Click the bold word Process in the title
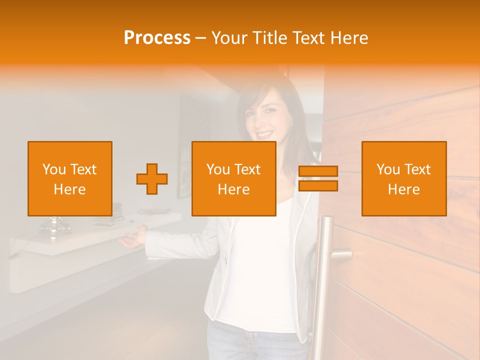tap(157, 38)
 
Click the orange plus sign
tap(152, 179)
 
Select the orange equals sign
tap(318, 178)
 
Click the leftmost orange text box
tap(70, 178)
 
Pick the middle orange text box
tap(234, 178)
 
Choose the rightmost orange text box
tap(404, 178)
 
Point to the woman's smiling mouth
tap(265, 134)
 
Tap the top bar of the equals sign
tap(318, 171)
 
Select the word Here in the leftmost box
tap(70, 189)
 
